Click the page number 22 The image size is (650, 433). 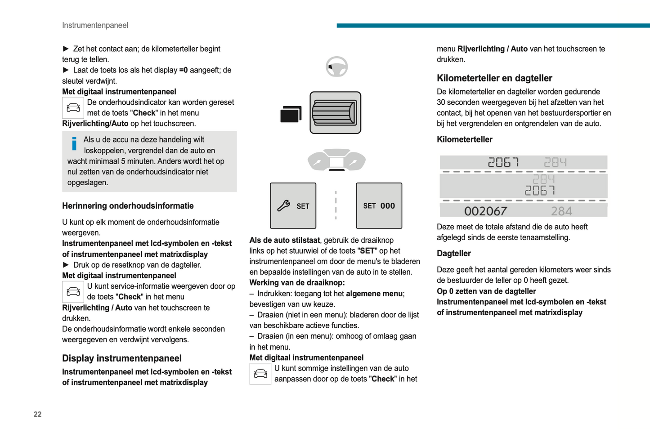[37, 414]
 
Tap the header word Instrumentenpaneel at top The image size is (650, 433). [95, 25]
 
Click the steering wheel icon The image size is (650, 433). [336, 67]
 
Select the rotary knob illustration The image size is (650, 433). [335, 112]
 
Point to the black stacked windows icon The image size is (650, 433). [291, 114]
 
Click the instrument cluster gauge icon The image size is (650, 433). [336, 160]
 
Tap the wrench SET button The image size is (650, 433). [293, 205]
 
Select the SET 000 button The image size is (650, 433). [379, 205]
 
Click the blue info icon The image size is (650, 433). [74, 143]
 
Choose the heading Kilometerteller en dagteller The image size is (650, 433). [494, 78]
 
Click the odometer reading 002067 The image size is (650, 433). [485, 211]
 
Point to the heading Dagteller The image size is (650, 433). [453, 253]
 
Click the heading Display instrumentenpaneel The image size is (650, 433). [122, 358]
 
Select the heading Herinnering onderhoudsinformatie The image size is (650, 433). [128, 206]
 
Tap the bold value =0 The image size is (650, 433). [183, 70]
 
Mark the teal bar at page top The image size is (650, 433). [493, 26]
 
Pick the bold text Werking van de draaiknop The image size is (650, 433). [297, 283]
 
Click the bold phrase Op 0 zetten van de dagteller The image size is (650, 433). [486, 291]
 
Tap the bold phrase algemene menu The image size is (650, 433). [374, 294]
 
